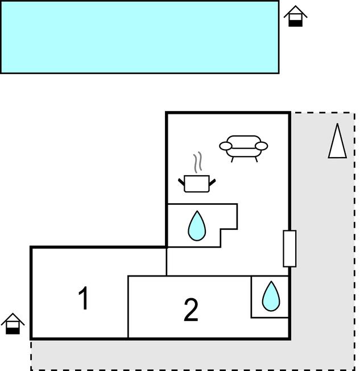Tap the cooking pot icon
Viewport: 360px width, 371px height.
(x=197, y=184)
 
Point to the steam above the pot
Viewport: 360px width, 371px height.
(x=198, y=162)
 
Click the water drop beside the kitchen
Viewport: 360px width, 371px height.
(x=197, y=226)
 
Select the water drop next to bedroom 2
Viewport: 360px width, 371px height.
(x=271, y=296)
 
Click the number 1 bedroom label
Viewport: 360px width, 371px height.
(x=84, y=298)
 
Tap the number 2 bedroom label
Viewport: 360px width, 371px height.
(x=191, y=310)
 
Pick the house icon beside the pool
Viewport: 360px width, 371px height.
(x=295, y=16)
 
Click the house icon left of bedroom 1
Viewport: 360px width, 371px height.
(x=13, y=323)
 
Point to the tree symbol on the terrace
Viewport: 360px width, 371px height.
(x=337, y=142)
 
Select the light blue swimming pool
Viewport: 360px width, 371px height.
(x=139, y=37)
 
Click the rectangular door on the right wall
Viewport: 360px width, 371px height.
(x=289, y=249)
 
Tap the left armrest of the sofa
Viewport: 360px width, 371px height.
(x=225, y=146)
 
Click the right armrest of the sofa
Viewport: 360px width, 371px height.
(x=262, y=146)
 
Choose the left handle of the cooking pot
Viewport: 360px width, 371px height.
(x=181, y=182)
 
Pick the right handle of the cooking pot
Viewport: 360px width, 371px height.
(x=212, y=182)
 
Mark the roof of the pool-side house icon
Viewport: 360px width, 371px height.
(x=295, y=11)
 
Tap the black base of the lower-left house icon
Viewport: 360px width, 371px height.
(x=13, y=331)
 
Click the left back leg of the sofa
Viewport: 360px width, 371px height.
(x=232, y=160)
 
